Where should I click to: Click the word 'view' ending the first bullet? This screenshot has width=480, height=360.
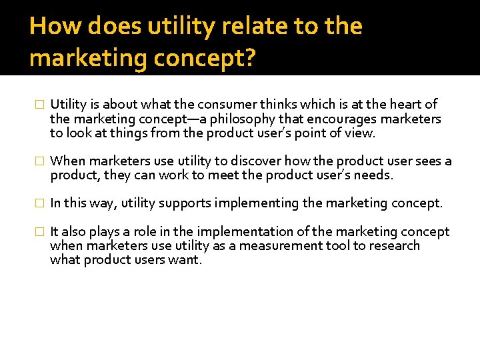click(x=361, y=133)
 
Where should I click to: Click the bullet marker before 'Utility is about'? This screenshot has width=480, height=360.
click(x=38, y=105)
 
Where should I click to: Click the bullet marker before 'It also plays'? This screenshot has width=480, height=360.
click(x=38, y=232)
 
